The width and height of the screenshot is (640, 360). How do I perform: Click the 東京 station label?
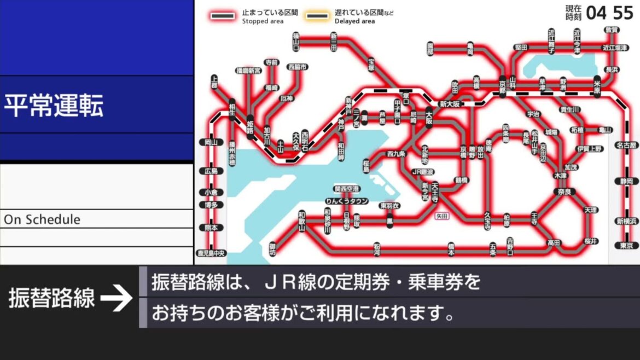click(x=626, y=246)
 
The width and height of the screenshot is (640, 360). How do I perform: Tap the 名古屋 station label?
click(x=626, y=146)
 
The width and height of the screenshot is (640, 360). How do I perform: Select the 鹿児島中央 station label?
click(x=211, y=253)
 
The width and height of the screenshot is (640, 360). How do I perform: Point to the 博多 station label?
click(x=211, y=205)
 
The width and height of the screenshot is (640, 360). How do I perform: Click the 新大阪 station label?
click(x=450, y=104)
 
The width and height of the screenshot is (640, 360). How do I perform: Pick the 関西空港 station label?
click(x=347, y=189)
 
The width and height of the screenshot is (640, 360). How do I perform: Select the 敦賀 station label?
click(x=611, y=30)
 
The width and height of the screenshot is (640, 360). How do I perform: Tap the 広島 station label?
click(x=211, y=171)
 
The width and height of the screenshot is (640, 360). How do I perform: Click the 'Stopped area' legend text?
click(x=263, y=21)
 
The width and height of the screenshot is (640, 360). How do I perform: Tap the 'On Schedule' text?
click(x=42, y=219)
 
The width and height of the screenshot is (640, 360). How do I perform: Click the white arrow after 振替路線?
click(x=117, y=299)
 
